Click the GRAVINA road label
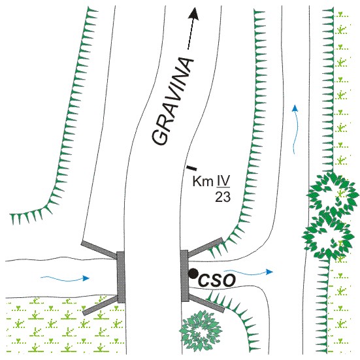coord(172,101)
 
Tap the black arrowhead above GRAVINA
coord(194,14)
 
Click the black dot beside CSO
coord(193,274)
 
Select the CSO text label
coord(217,280)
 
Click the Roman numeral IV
coord(223,181)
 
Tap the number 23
coord(223,197)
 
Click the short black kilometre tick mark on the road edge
coord(191,168)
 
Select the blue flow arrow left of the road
coord(65,279)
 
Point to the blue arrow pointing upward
coord(295,129)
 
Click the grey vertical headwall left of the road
coord(121,277)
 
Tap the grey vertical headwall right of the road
coord(185,276)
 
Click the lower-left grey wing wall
coord(101,305)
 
